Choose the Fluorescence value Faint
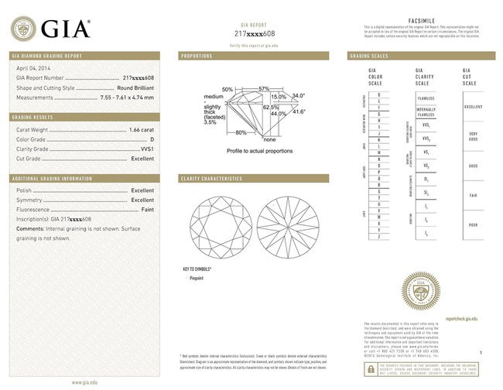[145, 210]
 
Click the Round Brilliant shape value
[133, 87]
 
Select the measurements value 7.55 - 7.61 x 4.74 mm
[127, 97]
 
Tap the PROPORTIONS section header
[197, 56]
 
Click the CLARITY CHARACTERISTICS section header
[211, 179]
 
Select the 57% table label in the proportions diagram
[263, 89]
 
